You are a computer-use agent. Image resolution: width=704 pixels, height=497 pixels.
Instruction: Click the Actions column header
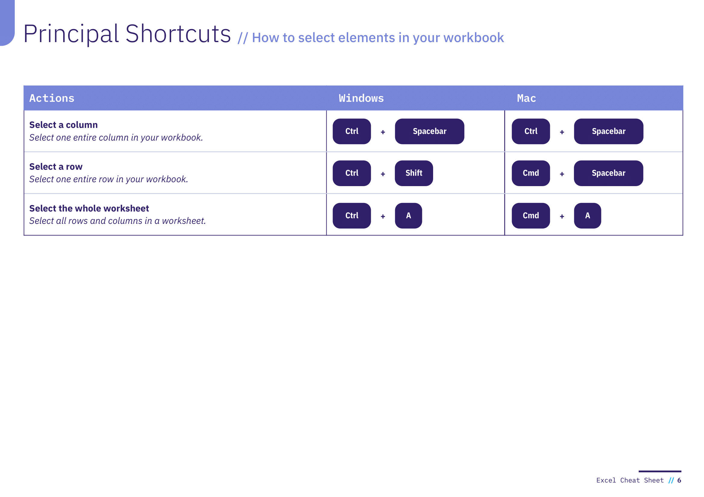pyautogui.click(x=52, y=98)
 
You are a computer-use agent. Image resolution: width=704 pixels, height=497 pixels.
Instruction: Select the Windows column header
pyautogui.click(x=361, y=98)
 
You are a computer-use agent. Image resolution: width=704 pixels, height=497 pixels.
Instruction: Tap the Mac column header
pyautogui.click(x=526, y=98)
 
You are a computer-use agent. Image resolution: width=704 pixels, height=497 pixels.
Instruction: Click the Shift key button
pyautogui.click(x=414, y=173)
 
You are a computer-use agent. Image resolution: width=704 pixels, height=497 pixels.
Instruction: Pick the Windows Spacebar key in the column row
pyautogui.click(x=430, y=131)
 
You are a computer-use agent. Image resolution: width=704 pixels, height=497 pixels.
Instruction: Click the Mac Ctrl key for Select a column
pyautogui.click(x=531, y=131)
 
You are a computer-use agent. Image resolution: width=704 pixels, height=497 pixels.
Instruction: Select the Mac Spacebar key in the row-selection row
pyautogui.click(x=609, y=173)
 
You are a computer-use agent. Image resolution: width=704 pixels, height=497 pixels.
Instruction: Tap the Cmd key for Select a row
pyautogui.click(x=531, y=173)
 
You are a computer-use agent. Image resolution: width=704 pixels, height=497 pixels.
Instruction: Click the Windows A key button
pyautogui.click(x=408, y=216)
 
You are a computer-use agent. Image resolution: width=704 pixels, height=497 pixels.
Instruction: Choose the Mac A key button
pyautogui.click(x=588, y=216)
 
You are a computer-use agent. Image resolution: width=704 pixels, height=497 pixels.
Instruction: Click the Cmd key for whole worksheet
pyautogui.click(x=531, y=216)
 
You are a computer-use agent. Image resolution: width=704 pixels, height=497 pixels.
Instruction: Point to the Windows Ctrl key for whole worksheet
pyautogui.click(x=352, y=216)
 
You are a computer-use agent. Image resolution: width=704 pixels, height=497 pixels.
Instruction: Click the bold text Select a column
pyautogui.click(x=64, y=125)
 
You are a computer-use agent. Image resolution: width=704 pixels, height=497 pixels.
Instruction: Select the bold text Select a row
pyautogui.click(x=56, y=167)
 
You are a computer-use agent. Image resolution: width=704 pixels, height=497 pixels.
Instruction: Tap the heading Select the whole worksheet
pyautogui.click(x=89, y=209)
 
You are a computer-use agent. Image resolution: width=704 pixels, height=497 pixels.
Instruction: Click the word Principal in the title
pyautogui.click(x=71, y=34)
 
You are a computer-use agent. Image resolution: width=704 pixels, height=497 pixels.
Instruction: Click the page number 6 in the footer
pyautogui.click(x=679, y=480)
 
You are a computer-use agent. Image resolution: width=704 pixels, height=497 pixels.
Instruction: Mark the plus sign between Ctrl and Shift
pyautogui.click(x=383, y=174)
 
